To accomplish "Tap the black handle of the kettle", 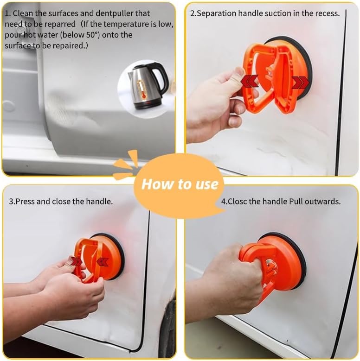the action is pos(161,78).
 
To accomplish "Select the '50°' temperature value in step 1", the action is pos(93,35).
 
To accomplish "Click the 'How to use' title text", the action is pos(180,184).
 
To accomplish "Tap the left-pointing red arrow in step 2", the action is pos(250,81).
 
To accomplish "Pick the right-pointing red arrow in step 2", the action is pos(300,82).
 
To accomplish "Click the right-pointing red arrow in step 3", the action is pos(76,262).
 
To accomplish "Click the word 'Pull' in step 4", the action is pos(296,202).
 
